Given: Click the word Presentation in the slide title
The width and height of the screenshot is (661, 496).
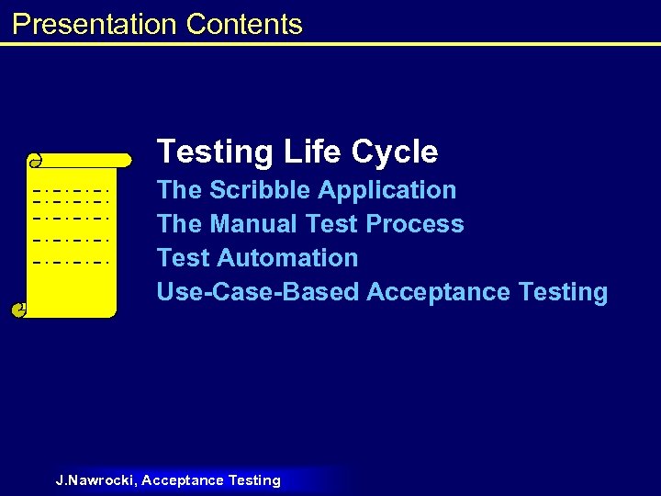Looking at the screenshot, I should pos(95,24).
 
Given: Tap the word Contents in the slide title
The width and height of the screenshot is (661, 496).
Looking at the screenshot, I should pos(243,24).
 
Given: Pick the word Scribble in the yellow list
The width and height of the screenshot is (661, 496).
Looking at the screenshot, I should pos(263,190).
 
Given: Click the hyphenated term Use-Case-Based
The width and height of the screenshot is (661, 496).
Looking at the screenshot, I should pos(258,292).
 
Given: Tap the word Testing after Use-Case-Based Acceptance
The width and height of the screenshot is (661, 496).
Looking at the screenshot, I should pos(563,292).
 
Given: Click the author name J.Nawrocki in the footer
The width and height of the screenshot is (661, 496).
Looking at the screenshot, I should pos(95,480).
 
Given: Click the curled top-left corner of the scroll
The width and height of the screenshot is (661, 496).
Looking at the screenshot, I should pos(35,162).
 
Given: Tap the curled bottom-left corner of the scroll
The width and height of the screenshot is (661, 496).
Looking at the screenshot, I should pos(19,310).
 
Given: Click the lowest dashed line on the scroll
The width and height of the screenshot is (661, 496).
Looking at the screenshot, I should pos(71,262).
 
